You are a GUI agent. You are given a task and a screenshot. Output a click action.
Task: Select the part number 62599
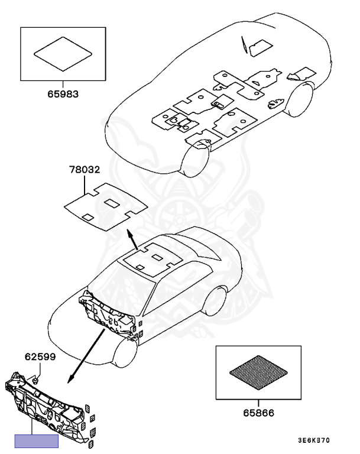tap(37, 356)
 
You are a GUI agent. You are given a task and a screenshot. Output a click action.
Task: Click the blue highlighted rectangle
tap(36, 440)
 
